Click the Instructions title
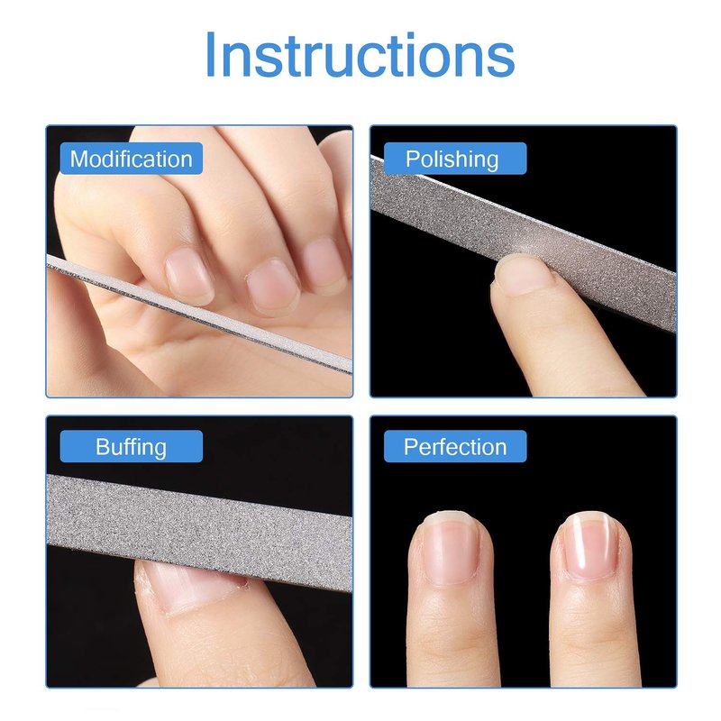pos(360,54)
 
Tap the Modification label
pos(131,160)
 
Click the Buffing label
pos(131,446)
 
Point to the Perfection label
pos(455,446)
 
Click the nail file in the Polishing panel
pos(524,243)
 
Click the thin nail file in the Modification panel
pos(199,314)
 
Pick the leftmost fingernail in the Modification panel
pos(189,275)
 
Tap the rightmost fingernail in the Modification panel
pos(324,263)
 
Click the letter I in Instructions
pos(211,54)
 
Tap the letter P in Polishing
pos(412,159)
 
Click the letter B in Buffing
pos(102,446)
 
